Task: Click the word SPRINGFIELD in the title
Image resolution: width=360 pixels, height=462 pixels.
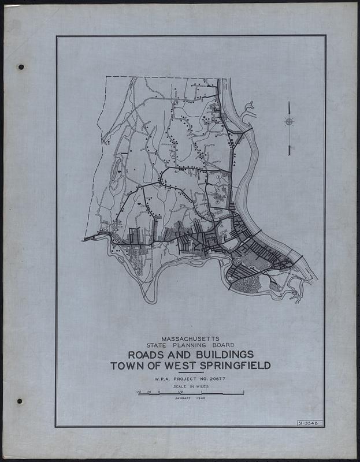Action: pos(231,366)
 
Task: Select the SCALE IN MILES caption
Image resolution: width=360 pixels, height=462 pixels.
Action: pos(190,387)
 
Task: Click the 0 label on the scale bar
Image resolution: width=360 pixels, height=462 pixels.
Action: pos(159,391)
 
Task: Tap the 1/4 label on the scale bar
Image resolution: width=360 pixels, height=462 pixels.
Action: pos(149,391)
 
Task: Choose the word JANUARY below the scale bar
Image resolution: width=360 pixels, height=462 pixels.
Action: pos(183,398)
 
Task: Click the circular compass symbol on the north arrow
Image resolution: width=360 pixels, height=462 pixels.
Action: pos(289,121)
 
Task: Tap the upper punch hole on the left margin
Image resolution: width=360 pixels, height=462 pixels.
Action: pos(21,67)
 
